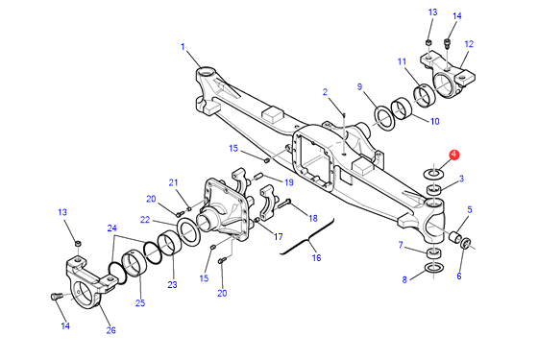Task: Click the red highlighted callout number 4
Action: coord(453,155)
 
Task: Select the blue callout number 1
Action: coord(183,47)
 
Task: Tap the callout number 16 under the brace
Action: coord(316,257)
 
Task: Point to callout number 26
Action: coord(110,330)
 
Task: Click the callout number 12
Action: coord(469,44)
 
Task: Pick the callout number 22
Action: coord(145,220)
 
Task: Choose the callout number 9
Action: coord(359,86)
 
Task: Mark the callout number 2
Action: coord(325,92)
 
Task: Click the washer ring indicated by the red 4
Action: coord(434,174)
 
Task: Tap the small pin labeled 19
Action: coord(258,177)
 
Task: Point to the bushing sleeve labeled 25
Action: coord(134,263)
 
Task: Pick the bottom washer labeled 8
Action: coord(434,267)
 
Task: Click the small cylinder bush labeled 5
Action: coord(455,237)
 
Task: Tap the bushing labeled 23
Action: coord(169,244)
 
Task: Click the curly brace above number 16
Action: coord(307,237)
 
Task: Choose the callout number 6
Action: coord(459,276)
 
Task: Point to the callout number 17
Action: coord(278,236)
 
